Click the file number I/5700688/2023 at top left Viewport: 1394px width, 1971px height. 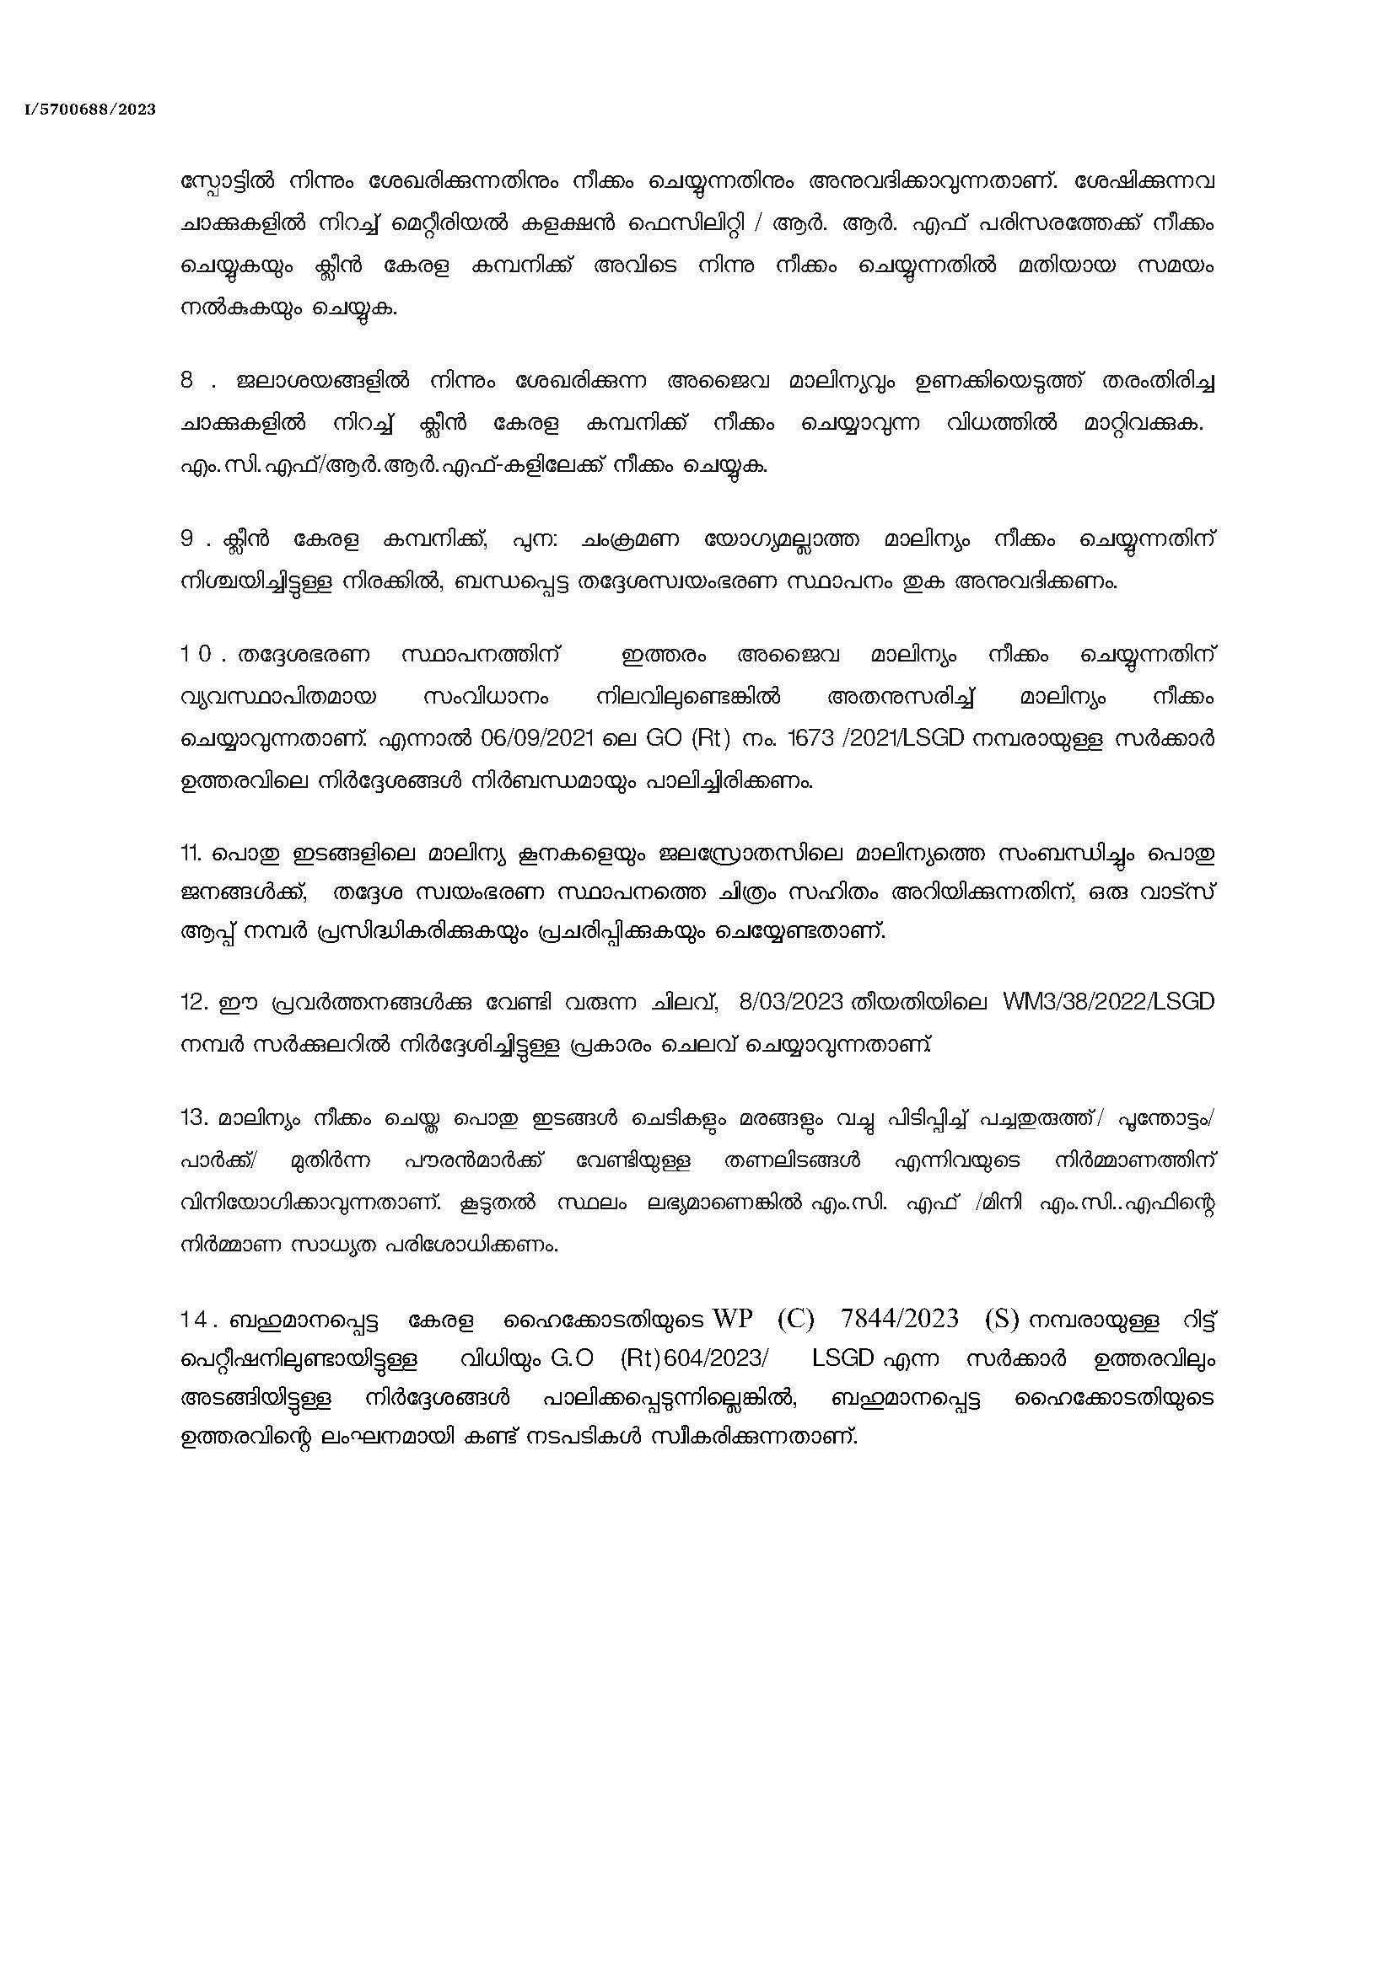pos(90,110)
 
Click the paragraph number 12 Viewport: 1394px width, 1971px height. pos(191,1004)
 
